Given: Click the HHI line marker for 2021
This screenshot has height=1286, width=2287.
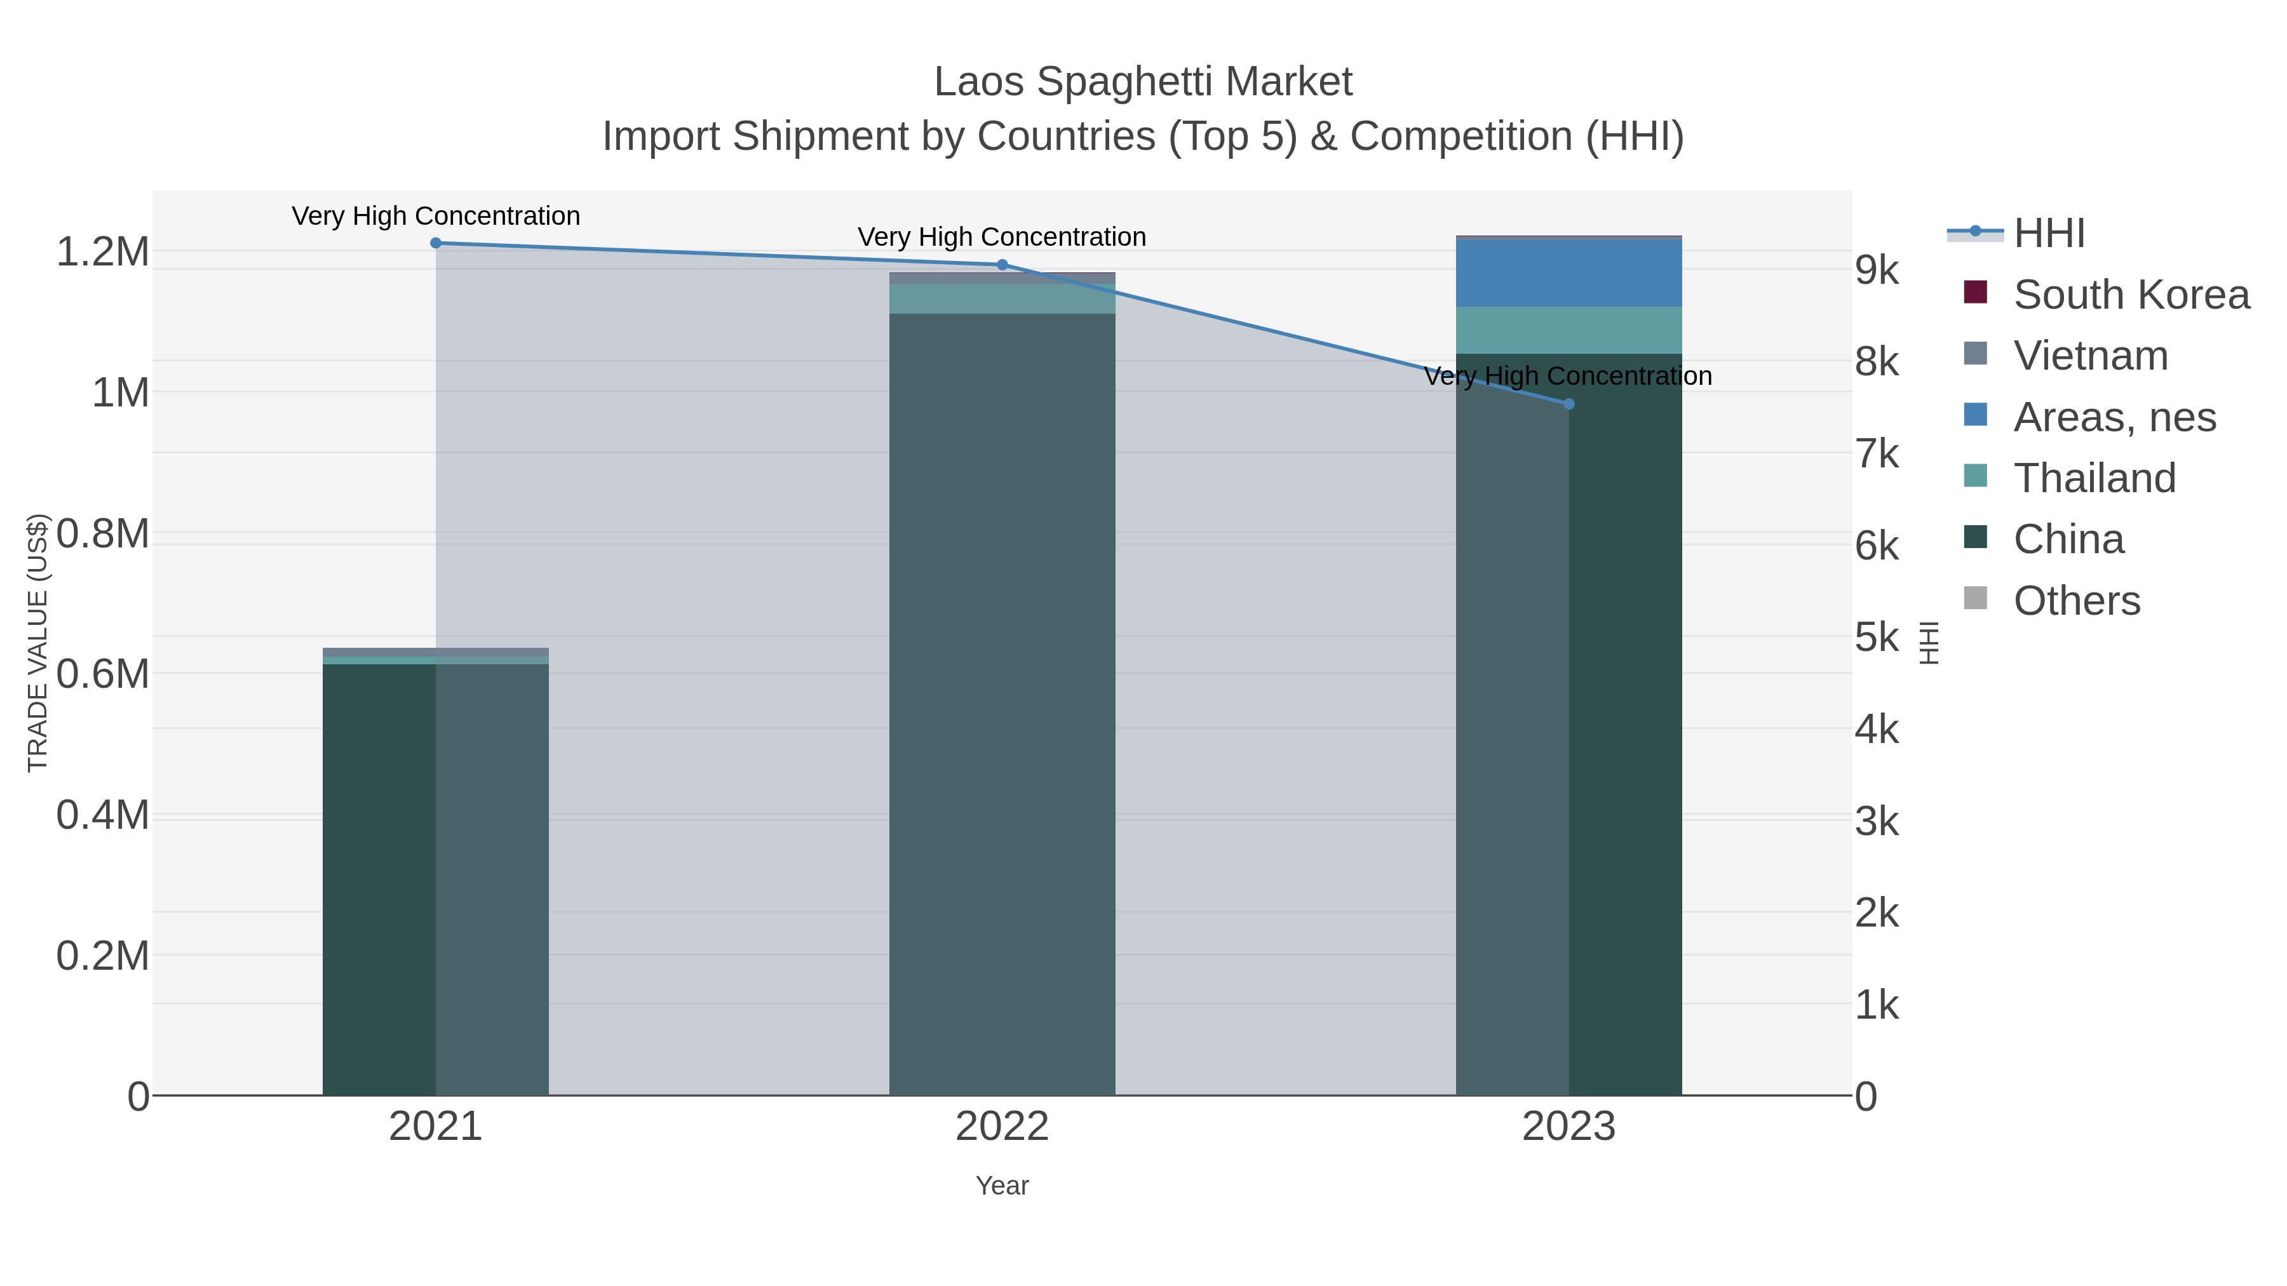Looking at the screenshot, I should (435, 243).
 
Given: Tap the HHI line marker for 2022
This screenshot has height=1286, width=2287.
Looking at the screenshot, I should (1002, 264).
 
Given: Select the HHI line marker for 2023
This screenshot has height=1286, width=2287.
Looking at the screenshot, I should (1569, 404).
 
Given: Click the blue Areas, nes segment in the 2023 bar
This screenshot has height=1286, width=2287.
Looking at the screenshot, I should (1569, 272).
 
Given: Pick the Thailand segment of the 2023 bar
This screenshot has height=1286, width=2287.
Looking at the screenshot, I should (1569, 330).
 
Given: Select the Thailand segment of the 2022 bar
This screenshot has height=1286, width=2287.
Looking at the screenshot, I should (1002, 299).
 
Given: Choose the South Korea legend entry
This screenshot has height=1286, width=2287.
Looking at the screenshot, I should (2131, 295).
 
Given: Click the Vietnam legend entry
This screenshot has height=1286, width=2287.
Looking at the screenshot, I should (2090, 356).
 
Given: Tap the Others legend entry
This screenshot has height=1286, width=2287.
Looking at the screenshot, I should (2075, 601).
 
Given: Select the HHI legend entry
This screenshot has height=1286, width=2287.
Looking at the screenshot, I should (2049, 234).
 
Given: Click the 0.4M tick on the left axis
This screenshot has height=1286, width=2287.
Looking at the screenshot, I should (103, 815).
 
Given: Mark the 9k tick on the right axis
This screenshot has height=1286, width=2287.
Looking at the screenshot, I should (1877, 270).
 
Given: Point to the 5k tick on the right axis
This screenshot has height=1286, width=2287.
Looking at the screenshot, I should (1877, 637).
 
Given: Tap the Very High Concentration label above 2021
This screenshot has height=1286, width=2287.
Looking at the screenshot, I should (436, 216).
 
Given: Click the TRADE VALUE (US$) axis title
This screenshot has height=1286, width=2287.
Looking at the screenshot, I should (37, 643).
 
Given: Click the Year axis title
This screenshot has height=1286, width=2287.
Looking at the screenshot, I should (1002, 1186).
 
